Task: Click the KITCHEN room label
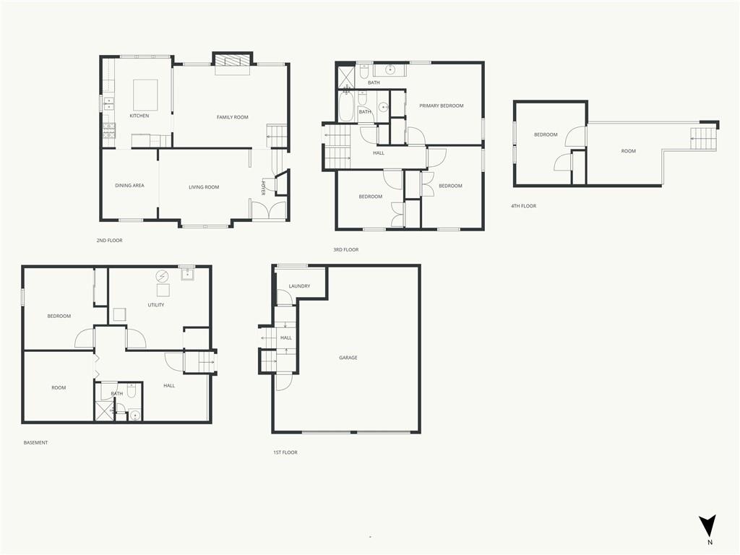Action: click(x=139, y=116)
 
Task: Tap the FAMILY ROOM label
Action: click(x=232, y=117)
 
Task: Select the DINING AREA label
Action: click(x=129, y=186)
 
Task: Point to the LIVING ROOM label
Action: click(x=204, y=187)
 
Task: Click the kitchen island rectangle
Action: click(x=145, y=95)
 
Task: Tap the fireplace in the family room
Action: click(x=233, y=61)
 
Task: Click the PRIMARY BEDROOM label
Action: click(x=442, y=106)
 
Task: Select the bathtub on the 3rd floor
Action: click(x=346, y=106)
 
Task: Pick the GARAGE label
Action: click(x=348, y=358)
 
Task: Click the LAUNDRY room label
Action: click(x=299, y=286)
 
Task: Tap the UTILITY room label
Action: click(x=156, y=305)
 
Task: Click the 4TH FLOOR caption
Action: click(x=523, y=206)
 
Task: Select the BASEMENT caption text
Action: click(x=35, y=443)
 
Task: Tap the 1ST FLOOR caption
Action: click(x=285, y=452)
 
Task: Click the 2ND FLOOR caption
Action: click(x=110, y=240)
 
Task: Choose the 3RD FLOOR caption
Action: click(x=346, y=249)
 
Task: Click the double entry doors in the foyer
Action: click(x=269, y=210)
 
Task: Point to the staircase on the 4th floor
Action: click(x=704, y=139)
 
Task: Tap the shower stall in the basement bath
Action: click(x=105, y=410)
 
